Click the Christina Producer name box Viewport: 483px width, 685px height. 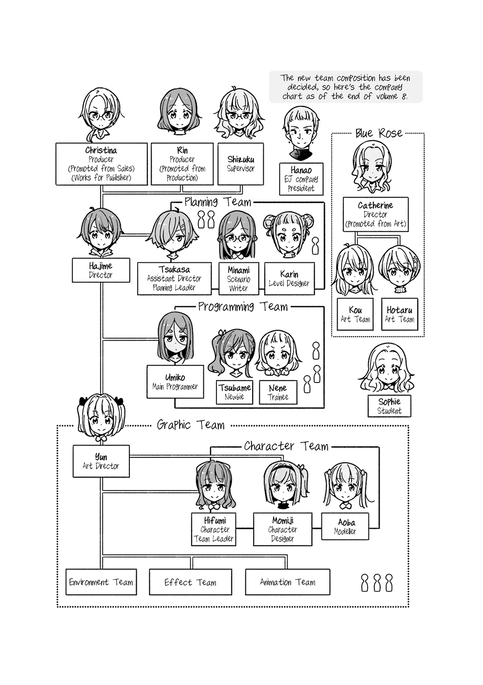(101, 164)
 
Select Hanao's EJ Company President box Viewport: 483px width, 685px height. (301, 179)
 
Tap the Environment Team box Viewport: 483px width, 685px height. (101, 582)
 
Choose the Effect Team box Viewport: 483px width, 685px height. (190, 582)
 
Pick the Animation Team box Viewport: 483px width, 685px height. (287, 582)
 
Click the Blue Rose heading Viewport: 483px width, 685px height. (378, 133)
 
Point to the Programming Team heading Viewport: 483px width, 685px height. (242, 307)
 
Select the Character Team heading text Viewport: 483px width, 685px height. (286, 446)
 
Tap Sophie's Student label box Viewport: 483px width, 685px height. (389, 406)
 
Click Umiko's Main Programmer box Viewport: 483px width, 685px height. (175, 382)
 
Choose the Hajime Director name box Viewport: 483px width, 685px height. (100, 270)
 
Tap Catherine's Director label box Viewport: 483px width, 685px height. (375, 214)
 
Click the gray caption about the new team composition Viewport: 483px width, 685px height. (345, 87)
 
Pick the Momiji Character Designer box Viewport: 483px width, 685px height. (283, 529)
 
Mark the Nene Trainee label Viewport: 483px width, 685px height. (278, 392)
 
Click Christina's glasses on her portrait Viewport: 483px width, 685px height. (101, 116)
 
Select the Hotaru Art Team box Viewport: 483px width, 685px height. (399, 314)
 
